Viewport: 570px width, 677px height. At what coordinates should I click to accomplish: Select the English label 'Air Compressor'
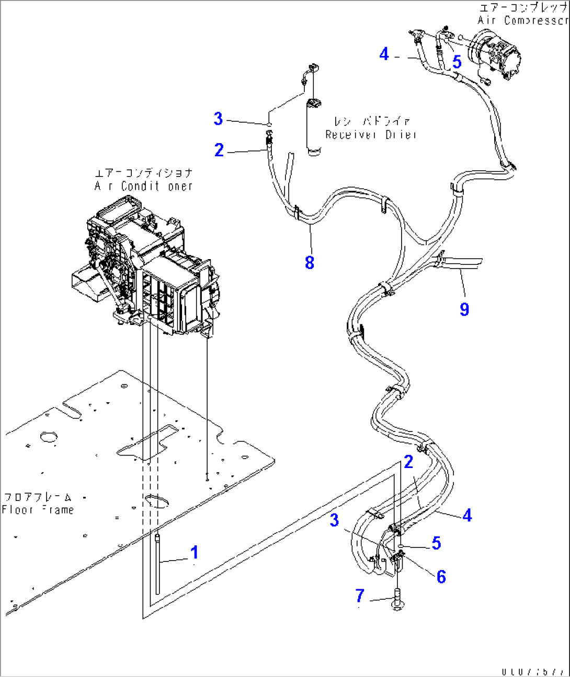click(522, 20)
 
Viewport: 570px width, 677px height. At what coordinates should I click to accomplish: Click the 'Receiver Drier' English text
click(371, 135)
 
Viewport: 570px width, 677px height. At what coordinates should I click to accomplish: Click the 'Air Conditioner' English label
click(144, 186)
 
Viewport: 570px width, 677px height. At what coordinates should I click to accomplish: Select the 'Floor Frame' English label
click(38, 510)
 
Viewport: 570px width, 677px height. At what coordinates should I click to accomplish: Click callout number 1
click(194, 552)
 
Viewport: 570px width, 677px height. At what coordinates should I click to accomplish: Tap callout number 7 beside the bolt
click(360, 596)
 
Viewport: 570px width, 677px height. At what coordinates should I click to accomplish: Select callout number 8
click(310, 262)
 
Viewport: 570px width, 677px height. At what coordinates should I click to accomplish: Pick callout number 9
click(464, 309)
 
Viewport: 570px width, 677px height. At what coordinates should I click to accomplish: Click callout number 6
click(441, 577)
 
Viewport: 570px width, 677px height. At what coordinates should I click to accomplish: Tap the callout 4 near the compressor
click(384, 54)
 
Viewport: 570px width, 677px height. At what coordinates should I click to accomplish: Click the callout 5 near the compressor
click(457, 62)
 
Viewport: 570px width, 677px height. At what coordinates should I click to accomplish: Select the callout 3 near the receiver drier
click(219, 119)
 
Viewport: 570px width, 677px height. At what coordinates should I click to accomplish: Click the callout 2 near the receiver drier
click(219, 150)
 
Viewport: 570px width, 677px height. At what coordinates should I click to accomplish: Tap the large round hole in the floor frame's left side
click(49, 437)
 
